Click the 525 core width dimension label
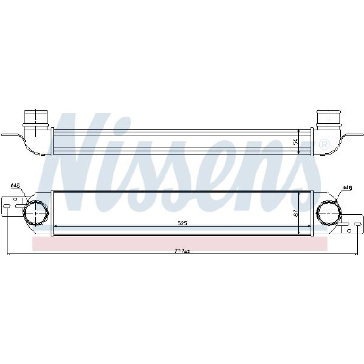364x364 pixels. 182,223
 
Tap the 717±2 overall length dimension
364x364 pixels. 182,251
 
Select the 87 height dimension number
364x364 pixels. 295,213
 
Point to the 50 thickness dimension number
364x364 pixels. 295,141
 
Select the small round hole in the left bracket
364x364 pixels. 15,199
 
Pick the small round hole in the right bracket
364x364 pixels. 349,231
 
